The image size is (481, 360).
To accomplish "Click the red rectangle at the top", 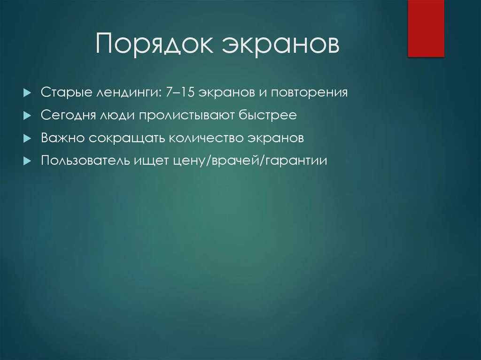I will tap(426, 28).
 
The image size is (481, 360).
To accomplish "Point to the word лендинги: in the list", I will tap(128, 92).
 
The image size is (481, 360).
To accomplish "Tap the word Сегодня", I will tap(68, 115).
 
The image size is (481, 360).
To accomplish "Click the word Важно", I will tap(62, 138).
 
